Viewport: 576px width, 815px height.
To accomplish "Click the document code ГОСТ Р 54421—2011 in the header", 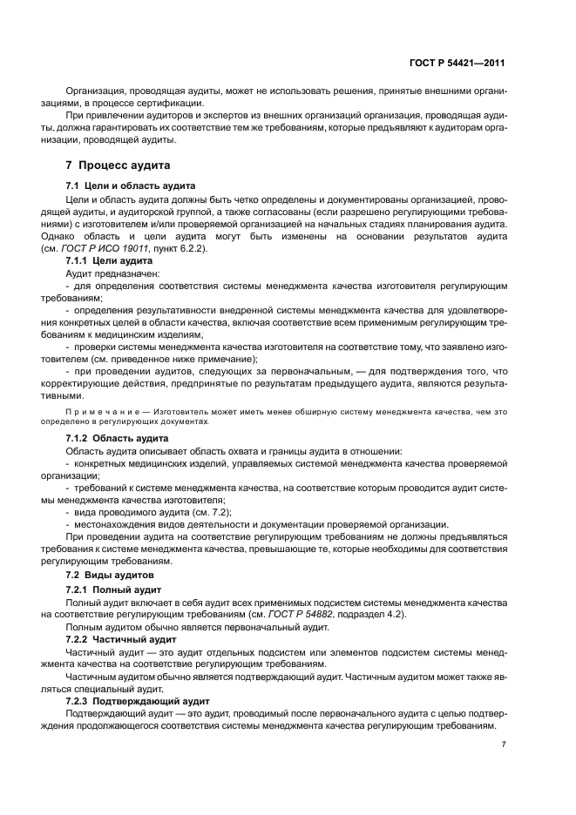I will coord(457,63).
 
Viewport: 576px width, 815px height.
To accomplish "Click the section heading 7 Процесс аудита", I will coord(119,165).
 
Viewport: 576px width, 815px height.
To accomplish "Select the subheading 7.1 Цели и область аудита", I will coord(131,186).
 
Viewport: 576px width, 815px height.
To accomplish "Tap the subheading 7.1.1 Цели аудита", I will coord(109,260).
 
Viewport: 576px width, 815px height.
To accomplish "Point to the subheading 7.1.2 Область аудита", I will coord(118,438).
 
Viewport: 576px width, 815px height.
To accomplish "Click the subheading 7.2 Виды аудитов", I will coord(110,576).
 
